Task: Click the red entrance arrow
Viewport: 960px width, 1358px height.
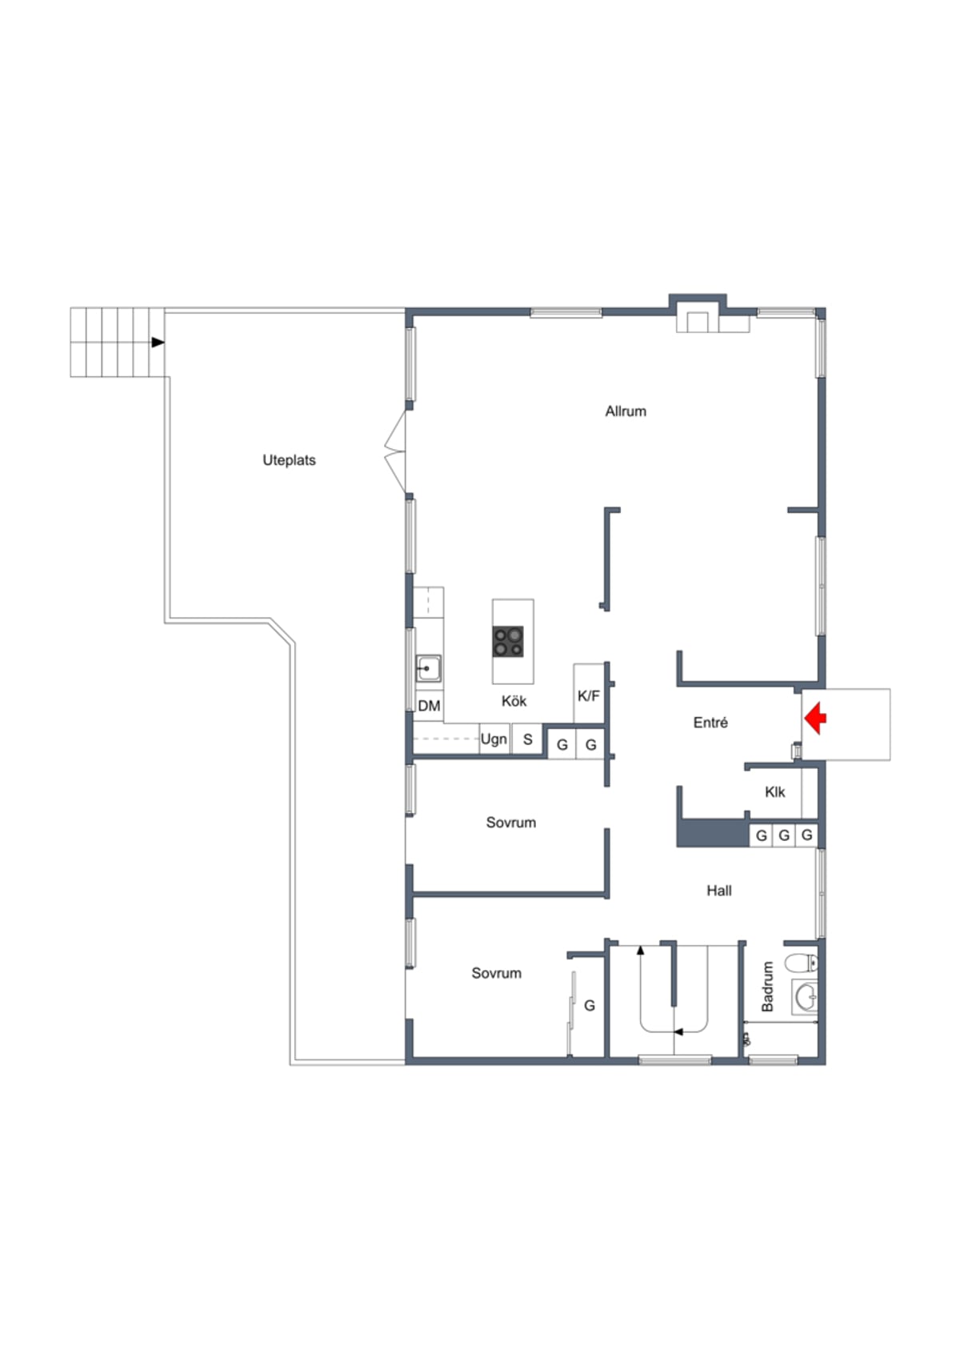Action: tap(815, 718)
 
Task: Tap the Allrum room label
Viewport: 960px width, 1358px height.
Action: tap(626, 411)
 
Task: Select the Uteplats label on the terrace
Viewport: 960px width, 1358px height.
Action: tap(289, 460)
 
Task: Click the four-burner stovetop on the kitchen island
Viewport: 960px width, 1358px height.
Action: tap(508, 642)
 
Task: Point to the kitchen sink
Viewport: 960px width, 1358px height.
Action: tap(428, 668)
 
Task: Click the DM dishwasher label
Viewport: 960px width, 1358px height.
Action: tap(429, 706)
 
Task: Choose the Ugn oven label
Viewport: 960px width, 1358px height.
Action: tap(494, 739)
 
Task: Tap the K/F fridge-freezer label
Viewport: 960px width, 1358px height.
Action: tap(589, 696)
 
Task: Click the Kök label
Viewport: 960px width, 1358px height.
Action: tap(514, 701)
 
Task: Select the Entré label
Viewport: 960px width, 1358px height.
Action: tap(710, 722)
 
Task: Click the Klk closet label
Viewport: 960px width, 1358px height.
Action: tap(774, 791)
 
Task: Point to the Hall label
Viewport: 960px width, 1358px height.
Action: tap(718, 891)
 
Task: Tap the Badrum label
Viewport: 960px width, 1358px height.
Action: tap(767, 987)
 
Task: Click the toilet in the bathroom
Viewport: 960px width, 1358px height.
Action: tap(802, 962)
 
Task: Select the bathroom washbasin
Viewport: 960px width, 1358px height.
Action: tap(805, 997)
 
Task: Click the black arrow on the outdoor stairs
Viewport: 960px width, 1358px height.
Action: tap(158, 342)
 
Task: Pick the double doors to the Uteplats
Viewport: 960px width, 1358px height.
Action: tap(395, 451)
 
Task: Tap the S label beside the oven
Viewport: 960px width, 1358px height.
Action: tap(527, 739)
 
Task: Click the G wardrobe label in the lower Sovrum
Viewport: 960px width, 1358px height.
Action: tap(589, 1006)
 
